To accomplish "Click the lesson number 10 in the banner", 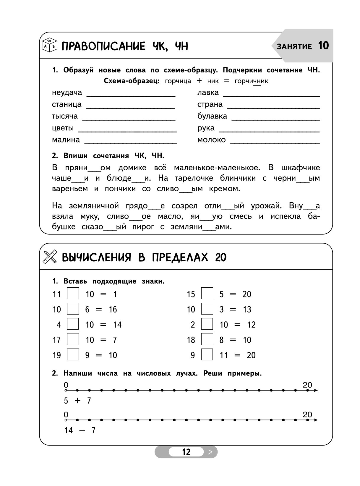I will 323,46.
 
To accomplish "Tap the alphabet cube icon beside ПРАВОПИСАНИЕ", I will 49,46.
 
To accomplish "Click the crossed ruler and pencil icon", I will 50,257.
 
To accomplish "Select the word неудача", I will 67,93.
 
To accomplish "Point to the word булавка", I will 212,116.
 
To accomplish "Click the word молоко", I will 211,140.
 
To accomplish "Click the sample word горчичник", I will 251,81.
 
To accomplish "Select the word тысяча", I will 65,116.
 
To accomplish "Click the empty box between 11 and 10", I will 73,294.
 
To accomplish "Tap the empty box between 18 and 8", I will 207,339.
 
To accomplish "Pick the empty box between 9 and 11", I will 207,355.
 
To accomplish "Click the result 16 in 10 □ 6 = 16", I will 113,310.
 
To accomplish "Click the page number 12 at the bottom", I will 186,452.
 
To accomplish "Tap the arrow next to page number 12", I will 210,452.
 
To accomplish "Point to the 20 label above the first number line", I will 307,385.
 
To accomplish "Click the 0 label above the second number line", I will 66,414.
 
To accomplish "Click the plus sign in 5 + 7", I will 77,401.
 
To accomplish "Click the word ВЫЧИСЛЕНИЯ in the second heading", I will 96,257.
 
